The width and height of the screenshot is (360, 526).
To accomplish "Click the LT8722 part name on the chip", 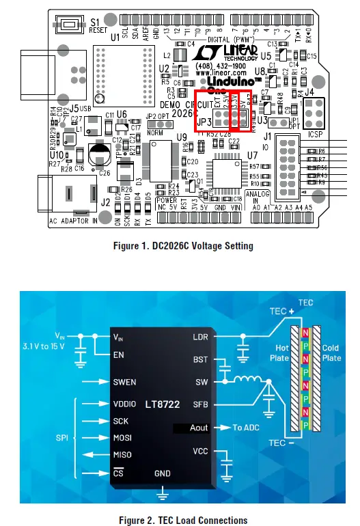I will click(x=162, y=405).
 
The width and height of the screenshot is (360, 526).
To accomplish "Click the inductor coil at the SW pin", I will click(x=244, y=379).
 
